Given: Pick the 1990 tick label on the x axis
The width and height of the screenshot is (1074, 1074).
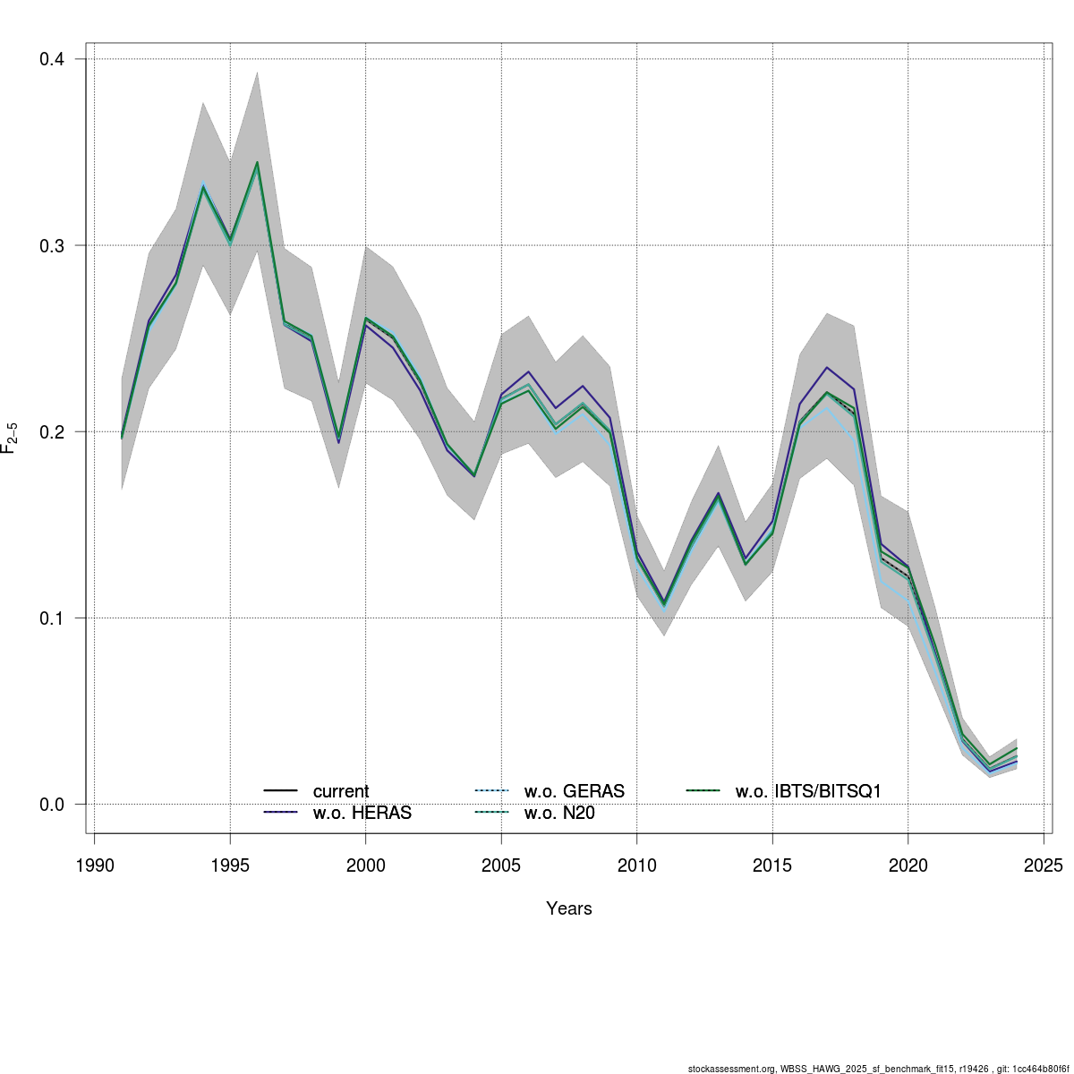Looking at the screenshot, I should tap(95, 865).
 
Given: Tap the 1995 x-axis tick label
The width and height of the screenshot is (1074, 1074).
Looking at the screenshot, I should tap(230, 865).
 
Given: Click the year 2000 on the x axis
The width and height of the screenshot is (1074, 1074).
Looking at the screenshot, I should tap(365, 865).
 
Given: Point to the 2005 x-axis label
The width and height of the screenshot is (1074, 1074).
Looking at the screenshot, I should tap(501, 865).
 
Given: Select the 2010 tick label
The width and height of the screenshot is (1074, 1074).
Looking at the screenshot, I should tap(636, 865).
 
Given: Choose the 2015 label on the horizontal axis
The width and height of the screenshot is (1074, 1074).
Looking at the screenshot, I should tap(772, 865).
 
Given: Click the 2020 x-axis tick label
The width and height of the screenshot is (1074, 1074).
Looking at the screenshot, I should tap(908, 865).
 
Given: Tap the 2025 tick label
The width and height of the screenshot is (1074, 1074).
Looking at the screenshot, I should tap(1043, 865).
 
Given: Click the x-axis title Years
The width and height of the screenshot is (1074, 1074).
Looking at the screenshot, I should tap(569, 908).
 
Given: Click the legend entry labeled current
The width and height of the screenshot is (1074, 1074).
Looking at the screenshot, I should tap(340, 791).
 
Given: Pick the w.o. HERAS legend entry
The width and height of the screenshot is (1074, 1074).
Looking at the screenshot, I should tap(362, 814).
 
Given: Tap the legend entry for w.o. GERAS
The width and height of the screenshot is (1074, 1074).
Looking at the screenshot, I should tap(574, 791).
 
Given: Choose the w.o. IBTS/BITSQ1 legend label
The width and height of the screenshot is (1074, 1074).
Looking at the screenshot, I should tap(808, 791).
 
